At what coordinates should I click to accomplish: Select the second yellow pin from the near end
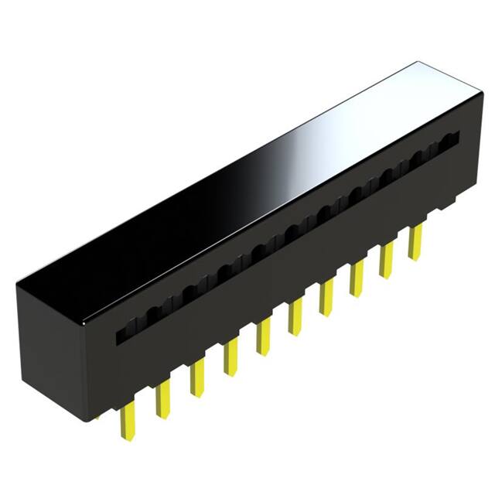(x=162, y=399)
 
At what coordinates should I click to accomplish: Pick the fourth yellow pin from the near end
(x=230, y=357)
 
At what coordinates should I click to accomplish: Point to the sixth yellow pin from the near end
(x=295, y=316)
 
